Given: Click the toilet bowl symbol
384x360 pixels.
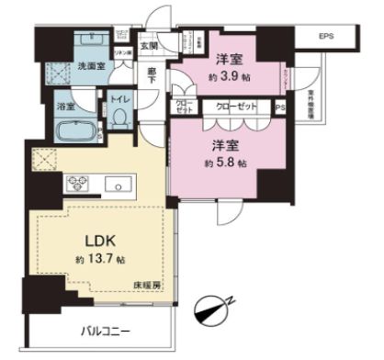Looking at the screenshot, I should [120, 118].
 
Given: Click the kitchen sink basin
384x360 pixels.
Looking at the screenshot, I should [118, 186].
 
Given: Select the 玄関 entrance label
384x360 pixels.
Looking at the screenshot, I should [149, 47].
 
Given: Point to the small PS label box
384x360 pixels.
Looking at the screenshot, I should [281, 107].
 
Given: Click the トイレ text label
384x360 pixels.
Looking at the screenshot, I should [119, 96].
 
